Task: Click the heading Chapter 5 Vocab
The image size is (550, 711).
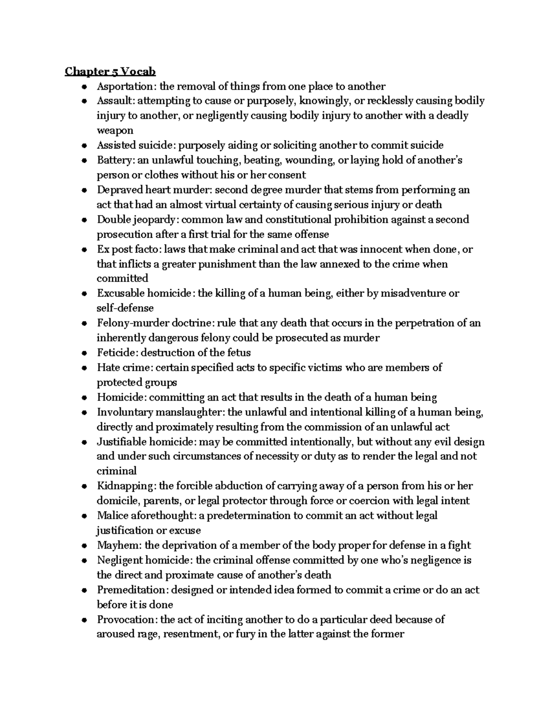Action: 110,71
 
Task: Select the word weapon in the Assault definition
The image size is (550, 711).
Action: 115,130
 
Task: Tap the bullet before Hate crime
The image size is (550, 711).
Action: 84,368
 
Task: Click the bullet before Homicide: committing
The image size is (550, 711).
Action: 84,398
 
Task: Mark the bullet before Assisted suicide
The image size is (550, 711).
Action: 84,146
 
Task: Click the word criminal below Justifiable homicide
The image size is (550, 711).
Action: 116,471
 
